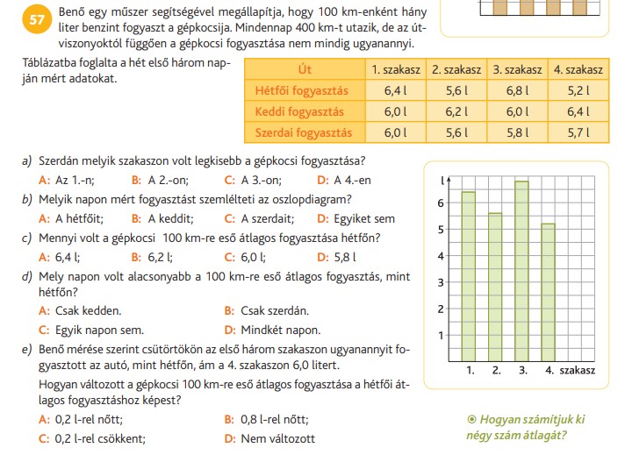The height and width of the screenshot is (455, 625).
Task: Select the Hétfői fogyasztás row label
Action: coord(302,89)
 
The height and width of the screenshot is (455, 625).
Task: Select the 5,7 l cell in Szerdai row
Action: coord(577,132)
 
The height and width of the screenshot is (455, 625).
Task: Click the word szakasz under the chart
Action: coord(577,371)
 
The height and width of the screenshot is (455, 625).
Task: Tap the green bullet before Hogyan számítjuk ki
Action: coord(472,418)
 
